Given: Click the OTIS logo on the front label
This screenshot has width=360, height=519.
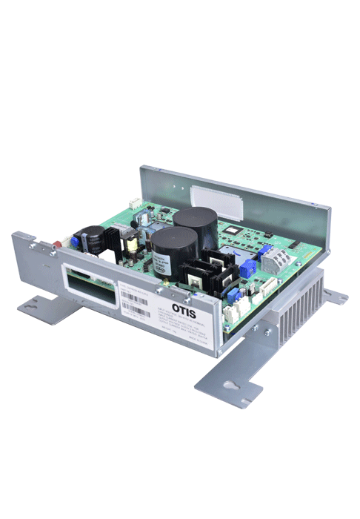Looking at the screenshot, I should [x=184, y=306].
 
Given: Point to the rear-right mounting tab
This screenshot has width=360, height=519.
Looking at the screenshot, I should [x=335, y=297].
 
